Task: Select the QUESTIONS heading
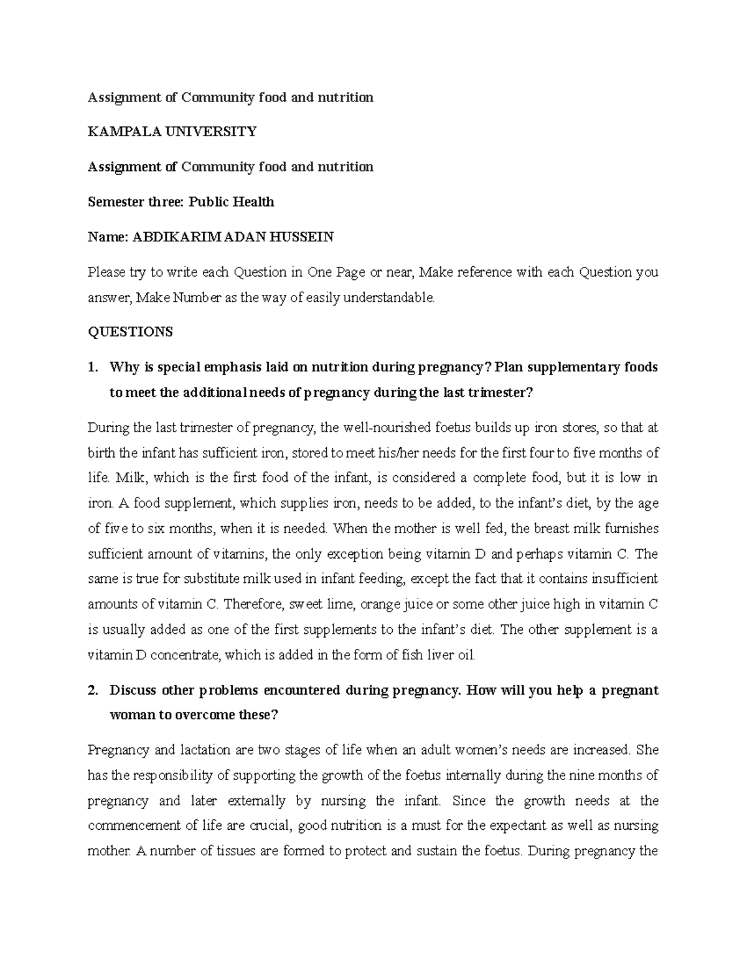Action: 130,332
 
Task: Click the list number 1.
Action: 93,367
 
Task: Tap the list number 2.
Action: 93,690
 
